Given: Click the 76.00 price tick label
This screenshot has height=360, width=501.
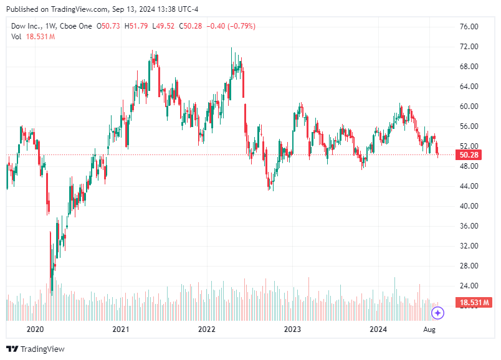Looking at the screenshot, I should [x=468, y=27].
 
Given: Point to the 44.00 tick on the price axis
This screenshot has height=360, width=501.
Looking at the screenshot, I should [x=468, y=186].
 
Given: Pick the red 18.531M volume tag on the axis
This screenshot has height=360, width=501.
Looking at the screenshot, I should [x=473, y=303].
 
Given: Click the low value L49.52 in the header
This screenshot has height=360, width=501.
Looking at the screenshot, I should [x=165, y=26].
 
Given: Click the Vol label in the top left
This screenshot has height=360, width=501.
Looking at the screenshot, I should [x=16, y=37].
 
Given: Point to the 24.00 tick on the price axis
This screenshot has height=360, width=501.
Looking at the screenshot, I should [x=468, y=286].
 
